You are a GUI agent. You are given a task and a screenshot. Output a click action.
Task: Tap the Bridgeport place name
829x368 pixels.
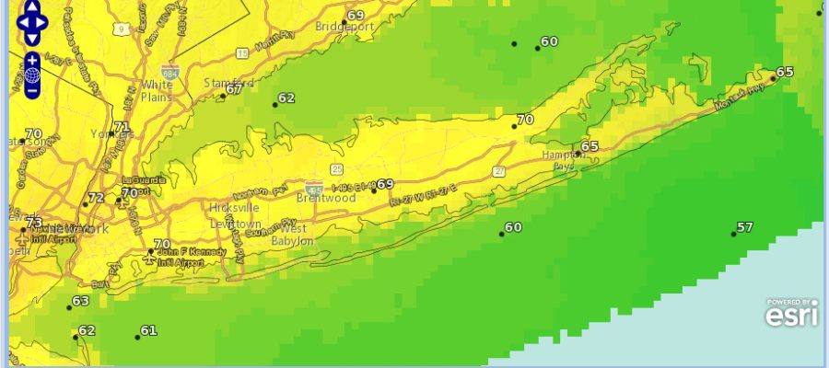tap(344, 27)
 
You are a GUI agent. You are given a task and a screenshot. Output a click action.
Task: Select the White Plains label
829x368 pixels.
tap(157, 91)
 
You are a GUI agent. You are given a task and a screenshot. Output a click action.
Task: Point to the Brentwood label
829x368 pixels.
tap(325, 198)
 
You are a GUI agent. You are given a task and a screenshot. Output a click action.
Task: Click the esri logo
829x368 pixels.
tap(789, 313)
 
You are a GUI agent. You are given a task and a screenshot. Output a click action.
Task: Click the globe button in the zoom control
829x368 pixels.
tap(32, 75)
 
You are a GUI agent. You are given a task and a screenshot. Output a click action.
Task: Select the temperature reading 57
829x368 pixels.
tap(745, 227)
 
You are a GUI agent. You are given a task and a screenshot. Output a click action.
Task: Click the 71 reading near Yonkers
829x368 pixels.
tap(122, 128)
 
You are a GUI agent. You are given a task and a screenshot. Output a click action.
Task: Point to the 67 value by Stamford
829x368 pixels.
tap(234, 89)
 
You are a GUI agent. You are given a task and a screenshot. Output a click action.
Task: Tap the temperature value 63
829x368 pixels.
tap(81, 301)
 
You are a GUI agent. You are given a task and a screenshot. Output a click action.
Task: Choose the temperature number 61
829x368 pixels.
tap(149, 330)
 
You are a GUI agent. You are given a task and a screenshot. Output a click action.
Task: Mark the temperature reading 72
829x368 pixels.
tap(96, 198)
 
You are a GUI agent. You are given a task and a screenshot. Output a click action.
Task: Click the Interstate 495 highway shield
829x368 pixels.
tap(316, 188)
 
